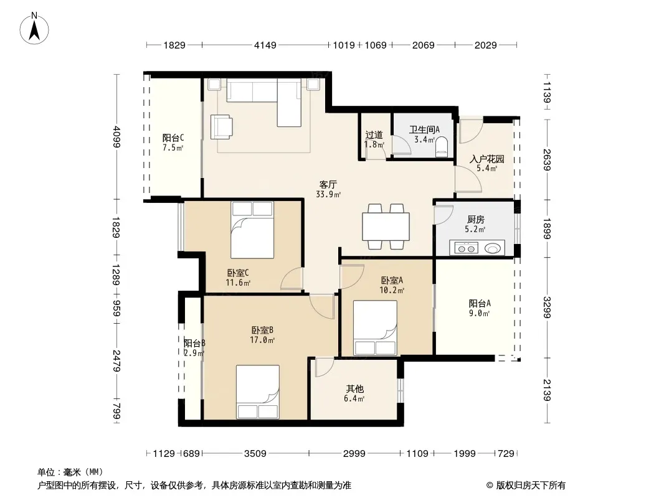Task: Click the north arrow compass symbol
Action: click(34, 29)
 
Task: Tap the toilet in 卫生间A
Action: click(442, 146)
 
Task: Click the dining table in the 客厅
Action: click(386, 227)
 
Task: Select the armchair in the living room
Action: click(222, 126)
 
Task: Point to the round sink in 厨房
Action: click(493, 248)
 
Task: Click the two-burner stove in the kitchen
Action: click(467, 248)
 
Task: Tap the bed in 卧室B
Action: click(257, 392)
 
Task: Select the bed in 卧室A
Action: click(375, 328)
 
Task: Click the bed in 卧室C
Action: click(252, 230)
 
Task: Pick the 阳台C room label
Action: click(173, 138)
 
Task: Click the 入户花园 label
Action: click(486, 159)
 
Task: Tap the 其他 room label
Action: click(354, 388)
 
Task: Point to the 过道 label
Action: click(374, 135)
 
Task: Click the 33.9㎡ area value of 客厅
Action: click(328, 195)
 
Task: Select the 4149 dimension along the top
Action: click(265, 45)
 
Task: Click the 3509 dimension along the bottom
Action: click(255, 454)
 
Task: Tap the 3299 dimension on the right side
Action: click(547, 307)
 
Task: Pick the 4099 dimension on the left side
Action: click(117, 137)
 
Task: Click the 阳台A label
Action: click(480, 303)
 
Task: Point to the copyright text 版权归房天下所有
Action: click(531, 486)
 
